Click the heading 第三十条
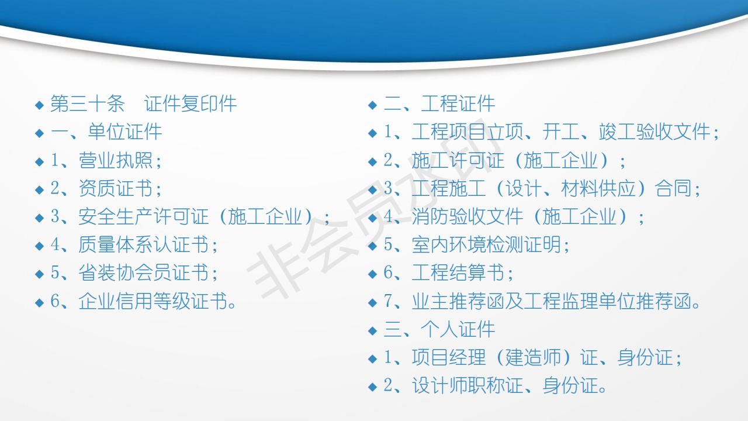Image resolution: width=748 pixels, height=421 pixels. (x=88, y=103)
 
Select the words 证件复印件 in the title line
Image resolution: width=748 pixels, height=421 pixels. (x=191, y=103)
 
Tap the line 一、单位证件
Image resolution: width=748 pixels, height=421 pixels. (x=106, y=132)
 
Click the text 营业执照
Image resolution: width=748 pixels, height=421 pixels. (x=116, y=160)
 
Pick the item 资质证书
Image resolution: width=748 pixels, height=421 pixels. (x=116, y=188)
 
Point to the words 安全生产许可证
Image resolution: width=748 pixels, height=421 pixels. (x=144, y=216)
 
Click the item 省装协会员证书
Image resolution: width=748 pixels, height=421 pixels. (x=144, y=272)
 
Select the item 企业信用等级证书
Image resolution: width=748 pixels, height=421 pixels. (x=153, y=301)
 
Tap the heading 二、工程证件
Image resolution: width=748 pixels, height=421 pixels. (x=439, y=103)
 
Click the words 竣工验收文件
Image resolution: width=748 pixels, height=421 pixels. (x=654, y=132)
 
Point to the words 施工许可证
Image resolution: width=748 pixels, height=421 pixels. (x=458, y=160)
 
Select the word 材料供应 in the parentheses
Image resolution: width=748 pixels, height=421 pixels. (x=598, y=188)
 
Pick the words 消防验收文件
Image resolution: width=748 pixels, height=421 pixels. (x=467, y=216)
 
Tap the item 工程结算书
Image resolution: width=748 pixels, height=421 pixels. (x=458, y=272)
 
